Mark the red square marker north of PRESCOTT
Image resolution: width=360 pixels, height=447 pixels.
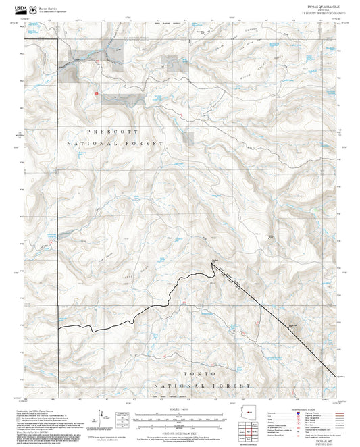coord(97,93)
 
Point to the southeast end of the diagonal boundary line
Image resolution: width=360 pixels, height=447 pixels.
coord(336,376)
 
